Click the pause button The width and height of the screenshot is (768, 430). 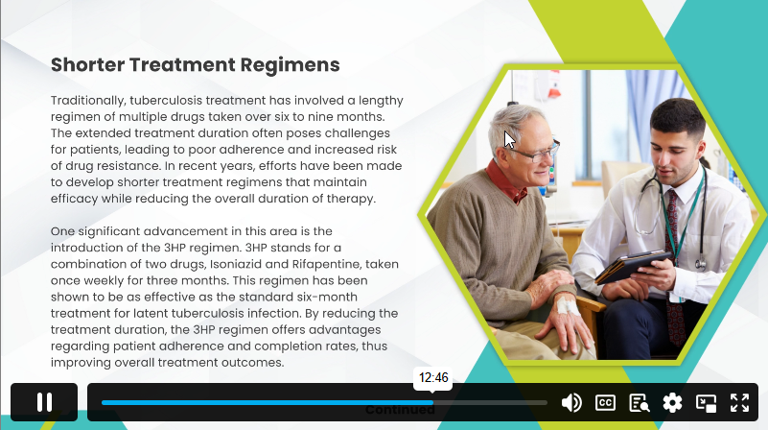click(44, 402)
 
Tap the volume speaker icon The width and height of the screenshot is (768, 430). click(571, 402)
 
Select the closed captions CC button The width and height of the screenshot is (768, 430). click(605, 402)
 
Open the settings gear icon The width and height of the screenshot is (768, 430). click(672, 402)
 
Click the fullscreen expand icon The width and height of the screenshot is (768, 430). click(739, 402)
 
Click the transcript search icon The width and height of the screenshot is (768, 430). click(640, 402)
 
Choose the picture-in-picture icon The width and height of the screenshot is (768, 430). click(707, 403)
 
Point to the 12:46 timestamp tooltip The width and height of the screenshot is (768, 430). click(433, 378)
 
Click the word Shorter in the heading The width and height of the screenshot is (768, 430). click(87, 64)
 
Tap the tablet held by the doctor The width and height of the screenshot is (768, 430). click(632, 266)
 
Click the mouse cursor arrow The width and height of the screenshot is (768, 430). click(509, 140)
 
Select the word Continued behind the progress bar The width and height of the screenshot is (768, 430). click(400, 410)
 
